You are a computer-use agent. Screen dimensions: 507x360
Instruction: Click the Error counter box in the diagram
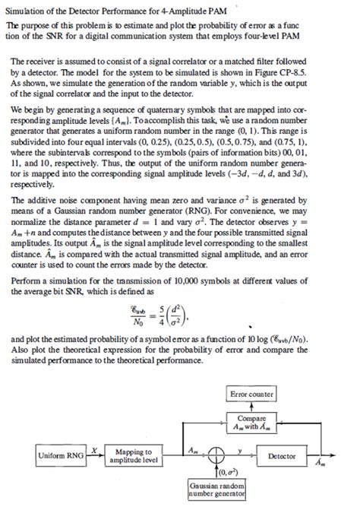(x=251, y=395)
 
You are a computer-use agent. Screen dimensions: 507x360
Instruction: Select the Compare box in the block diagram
(x=251, y=421)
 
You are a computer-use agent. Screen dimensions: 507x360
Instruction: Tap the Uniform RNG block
(x=60, y=456)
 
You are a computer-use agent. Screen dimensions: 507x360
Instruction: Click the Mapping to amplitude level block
(x=134, y=456)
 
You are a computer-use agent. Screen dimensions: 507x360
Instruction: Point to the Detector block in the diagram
(x=283, y=456)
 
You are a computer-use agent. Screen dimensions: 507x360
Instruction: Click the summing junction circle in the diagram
(x=216, y=456)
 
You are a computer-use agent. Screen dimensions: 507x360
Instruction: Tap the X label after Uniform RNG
(x=94, y=451)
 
